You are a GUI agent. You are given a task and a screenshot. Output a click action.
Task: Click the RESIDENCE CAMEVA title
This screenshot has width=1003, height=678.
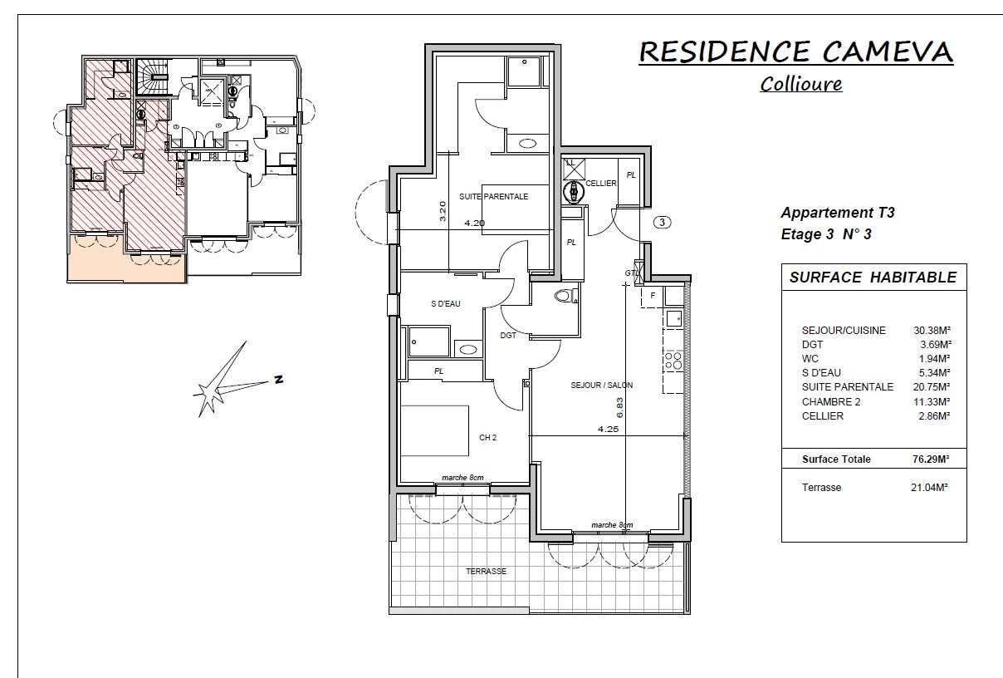coord(795,52)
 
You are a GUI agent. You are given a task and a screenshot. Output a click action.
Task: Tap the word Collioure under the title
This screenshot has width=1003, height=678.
coord(801,84)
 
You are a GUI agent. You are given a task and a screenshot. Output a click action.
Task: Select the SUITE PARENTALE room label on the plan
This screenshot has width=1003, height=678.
coord(493,196)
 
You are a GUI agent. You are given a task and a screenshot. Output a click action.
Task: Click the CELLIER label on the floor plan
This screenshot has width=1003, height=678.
coord(601,184)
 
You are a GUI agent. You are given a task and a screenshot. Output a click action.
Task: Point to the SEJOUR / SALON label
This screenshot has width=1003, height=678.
coord(602,385)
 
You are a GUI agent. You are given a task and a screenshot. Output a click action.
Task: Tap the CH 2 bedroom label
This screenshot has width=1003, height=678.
coord(487,437)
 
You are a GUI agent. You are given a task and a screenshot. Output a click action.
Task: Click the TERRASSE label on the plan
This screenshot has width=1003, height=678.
coord(486,572)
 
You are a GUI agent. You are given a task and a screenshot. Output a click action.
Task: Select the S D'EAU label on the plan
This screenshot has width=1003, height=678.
coord(446,304)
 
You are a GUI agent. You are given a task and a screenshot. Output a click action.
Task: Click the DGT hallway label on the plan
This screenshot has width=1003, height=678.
coord(508,335)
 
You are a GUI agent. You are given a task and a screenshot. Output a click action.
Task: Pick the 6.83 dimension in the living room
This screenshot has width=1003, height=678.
coord(619,407)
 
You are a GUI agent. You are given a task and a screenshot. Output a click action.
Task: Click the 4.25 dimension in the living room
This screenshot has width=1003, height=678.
coord(608,429)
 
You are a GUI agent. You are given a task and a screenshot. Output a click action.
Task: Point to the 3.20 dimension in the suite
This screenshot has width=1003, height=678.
coord(443,210)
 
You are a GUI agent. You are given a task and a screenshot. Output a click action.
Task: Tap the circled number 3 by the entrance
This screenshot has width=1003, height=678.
coord(663,222)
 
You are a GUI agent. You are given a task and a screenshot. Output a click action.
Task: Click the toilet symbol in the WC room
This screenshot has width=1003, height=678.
coord(565,296)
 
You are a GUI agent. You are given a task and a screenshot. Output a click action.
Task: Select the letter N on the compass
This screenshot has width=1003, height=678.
coord(278,379)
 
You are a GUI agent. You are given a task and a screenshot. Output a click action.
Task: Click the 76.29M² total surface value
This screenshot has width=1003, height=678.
coord(931,459)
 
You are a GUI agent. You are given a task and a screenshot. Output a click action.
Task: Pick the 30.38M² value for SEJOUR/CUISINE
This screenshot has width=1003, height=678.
coord(932,330)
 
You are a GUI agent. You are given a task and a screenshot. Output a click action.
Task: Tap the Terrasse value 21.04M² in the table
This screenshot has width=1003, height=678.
coord(929,487)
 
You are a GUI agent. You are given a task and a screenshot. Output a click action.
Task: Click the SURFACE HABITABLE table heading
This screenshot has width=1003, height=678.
coord(873,278)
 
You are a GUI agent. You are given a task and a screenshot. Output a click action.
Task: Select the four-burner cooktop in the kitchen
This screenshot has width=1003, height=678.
coord(673,361)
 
